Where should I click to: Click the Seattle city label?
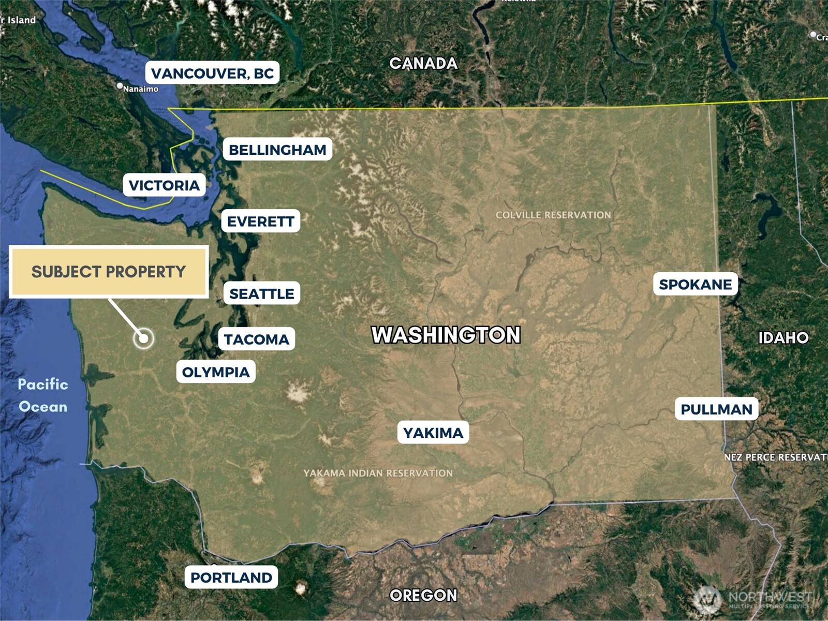(x=261, y=293)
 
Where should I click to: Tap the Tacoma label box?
(x=256, y=339)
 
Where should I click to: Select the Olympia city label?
(x=216, y=372)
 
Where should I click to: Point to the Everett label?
(x=260, y=221)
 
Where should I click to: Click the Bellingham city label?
(x=277, y=150)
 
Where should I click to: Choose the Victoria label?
(x=164, y=185)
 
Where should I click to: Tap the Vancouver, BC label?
(x=212, y=73)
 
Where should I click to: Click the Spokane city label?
(x=695, y=284)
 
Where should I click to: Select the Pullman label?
(x=716, y=409)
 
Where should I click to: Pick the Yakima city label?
(x=433, y=432)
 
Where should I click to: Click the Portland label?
(x=231, y=577)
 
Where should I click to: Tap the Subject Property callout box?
(x=109, y=272)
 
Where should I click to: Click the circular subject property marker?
(x=143, y=338)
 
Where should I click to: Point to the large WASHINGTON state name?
(x=446, y=335)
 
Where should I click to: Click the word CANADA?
(x=423, y=63)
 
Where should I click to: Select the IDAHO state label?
(x=783, y=337)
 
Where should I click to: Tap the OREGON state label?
(x=423, y=595)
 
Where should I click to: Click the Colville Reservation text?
(x=553, y=215)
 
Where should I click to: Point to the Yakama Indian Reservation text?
(x=378, y=473)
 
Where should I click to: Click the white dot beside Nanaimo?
(x=120, y=85)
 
